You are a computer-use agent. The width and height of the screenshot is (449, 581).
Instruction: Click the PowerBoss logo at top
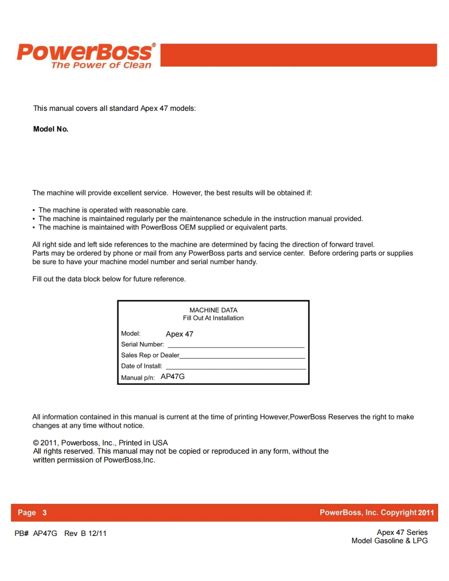point(86,52)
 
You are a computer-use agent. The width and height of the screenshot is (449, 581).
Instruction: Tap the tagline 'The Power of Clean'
point(101,65)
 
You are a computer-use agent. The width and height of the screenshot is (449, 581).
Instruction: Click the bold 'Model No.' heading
point(51,129)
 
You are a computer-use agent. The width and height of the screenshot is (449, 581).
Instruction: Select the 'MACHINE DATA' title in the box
point(213,310)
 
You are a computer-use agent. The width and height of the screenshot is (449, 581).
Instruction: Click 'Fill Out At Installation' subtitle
point(213,318)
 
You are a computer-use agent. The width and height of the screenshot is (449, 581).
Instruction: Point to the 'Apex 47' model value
point(179,334)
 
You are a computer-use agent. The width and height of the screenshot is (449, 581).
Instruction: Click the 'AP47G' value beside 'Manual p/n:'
point(173,377)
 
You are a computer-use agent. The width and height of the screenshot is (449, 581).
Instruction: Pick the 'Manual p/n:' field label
point(138,378)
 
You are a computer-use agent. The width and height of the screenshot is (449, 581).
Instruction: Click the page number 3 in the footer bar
point(45,513)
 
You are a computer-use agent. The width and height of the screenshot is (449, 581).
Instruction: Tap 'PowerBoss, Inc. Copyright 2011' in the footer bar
point(376,513)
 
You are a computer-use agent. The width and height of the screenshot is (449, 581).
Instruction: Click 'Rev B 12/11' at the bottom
point(86,533)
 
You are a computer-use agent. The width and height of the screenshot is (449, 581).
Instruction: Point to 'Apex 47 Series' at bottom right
point(402,532)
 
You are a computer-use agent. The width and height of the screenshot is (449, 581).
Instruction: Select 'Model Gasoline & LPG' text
point(389,541)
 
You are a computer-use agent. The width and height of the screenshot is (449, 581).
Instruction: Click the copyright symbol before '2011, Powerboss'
point(36,443)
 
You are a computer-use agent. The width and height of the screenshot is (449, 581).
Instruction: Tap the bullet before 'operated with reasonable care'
point(34,210)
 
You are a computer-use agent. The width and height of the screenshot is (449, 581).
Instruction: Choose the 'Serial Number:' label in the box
point(143,344)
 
